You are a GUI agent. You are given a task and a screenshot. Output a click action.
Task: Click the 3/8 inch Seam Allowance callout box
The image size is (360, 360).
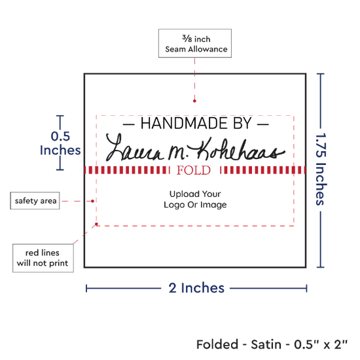coord(195,43)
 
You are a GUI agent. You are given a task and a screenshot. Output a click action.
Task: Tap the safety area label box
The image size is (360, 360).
coord(35,201)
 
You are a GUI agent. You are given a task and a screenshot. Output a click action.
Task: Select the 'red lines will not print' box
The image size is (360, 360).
coord(43,258)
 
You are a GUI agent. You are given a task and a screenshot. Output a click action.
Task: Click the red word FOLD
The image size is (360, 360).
coord(194,170)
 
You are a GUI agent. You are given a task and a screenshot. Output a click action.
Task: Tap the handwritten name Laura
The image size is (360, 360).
coord(135,148)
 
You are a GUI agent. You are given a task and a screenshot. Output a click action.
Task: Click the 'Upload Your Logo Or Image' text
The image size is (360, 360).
coord(195,199)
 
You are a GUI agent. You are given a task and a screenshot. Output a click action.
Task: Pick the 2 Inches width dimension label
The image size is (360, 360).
coord(196,288)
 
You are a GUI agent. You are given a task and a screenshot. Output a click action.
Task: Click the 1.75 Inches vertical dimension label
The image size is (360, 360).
coord(321,169)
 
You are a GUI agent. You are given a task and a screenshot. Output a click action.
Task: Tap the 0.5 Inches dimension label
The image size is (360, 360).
coord(60,143)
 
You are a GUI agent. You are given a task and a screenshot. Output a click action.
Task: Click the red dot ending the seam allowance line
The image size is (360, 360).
coord(194,101)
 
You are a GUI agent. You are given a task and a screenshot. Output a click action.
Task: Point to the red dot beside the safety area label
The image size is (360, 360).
coord(92,201)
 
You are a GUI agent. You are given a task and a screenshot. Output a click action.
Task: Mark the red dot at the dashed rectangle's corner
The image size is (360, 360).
coord(96,224)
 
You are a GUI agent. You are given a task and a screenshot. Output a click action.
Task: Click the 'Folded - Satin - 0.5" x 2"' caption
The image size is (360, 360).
coord(272,344)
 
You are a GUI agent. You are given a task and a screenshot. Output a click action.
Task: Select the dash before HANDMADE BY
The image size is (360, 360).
coord(129,124)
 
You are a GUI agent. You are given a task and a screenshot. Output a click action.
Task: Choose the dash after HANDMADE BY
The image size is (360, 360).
coord(263,124)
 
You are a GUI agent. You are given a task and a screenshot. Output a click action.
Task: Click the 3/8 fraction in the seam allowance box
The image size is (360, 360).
coord(187,39)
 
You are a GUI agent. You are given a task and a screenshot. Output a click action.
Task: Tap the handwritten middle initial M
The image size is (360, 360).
coord(177,153)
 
